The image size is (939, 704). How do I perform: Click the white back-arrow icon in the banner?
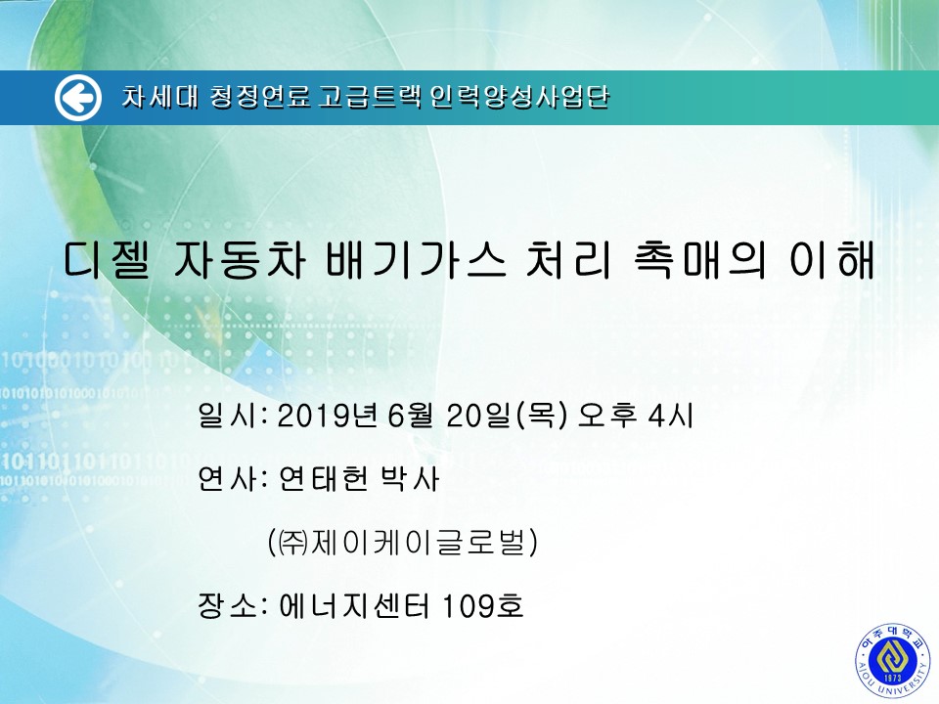(x=78, y=98)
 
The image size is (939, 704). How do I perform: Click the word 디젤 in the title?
(x=107, y=260)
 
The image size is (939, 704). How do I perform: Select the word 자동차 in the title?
(x=240, y=260)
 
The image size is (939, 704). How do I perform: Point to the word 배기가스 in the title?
(x=417, y=260)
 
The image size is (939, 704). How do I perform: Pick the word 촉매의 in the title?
(x=698, y=260)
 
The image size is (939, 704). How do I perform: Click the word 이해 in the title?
(x=831, y=260)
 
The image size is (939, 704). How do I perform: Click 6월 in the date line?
(x=410, y=415)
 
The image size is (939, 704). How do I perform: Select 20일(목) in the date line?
(x=506, y=415)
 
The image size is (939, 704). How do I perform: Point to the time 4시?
(x=671, y=415)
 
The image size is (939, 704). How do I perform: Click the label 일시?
(x=227, y=415)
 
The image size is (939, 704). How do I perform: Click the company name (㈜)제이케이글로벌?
(x=403, y=542)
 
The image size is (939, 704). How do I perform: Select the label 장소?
(x=227, y=605)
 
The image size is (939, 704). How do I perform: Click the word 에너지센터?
(x=354, y=605)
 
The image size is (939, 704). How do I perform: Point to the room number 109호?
(x=482, y=605)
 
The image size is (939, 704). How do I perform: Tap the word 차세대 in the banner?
(x=159, y=97)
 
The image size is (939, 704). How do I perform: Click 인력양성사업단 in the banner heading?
(x=519, y=97)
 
